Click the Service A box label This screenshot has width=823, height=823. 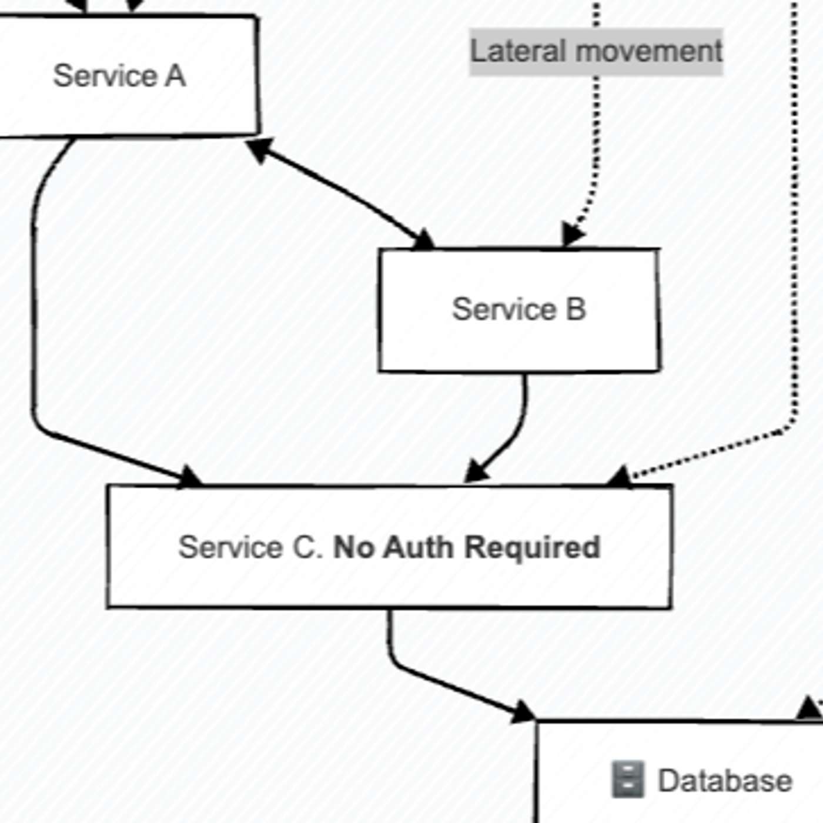point(119,76)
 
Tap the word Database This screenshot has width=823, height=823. point(725,781)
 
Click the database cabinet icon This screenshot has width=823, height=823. point(628,779)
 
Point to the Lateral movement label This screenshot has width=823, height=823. point(595,52)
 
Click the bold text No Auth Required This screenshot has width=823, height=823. point(467,547)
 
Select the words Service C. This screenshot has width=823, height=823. point(250,547)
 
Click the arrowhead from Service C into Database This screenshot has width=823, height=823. point(522,711)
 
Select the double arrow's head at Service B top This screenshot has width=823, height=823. point(422,239)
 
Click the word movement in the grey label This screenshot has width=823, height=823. point(649,52)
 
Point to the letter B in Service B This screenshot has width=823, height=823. point(576,309)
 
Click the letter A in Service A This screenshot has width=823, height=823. point(175,76)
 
